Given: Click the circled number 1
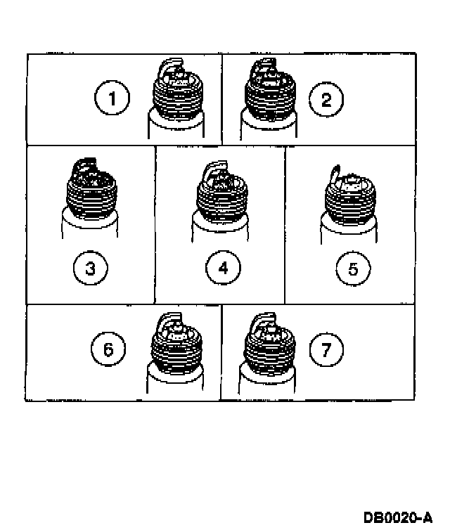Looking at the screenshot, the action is click(111, 99).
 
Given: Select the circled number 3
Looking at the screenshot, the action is click(90, 269).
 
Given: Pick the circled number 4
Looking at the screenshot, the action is click(223, 268).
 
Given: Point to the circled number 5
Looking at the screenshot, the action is click(353, 268).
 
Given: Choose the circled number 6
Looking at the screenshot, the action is click(108, 349).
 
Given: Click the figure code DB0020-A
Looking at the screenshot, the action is click(397, 518).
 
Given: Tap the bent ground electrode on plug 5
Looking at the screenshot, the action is click(335, 174).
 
